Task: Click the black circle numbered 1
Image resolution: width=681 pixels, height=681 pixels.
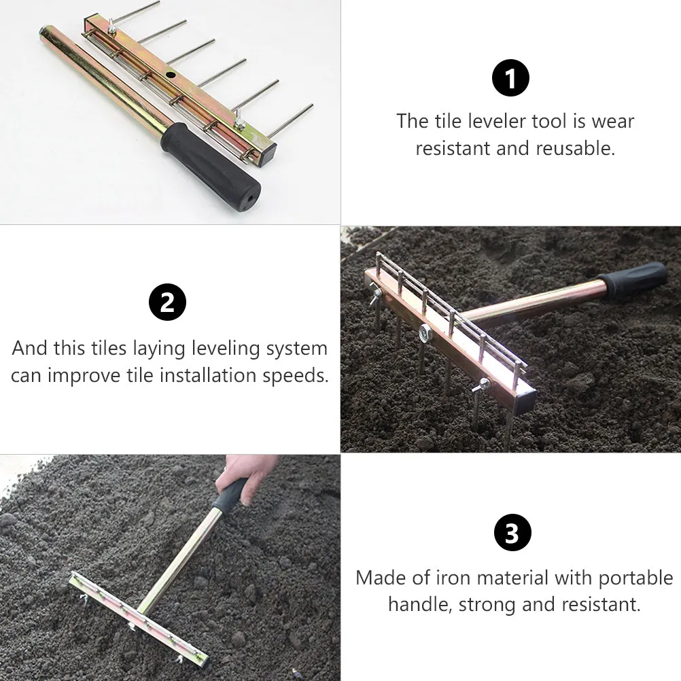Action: click(510, 77)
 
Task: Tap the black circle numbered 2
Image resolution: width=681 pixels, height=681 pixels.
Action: click(167, 302)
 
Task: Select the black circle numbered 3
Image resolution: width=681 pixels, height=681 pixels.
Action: click(512, 532)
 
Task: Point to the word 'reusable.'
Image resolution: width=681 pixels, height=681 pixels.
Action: click(576, 149)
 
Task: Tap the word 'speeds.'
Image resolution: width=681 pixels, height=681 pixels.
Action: click(296, 376)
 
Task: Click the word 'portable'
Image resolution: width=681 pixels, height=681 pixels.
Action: click(635, 578)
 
